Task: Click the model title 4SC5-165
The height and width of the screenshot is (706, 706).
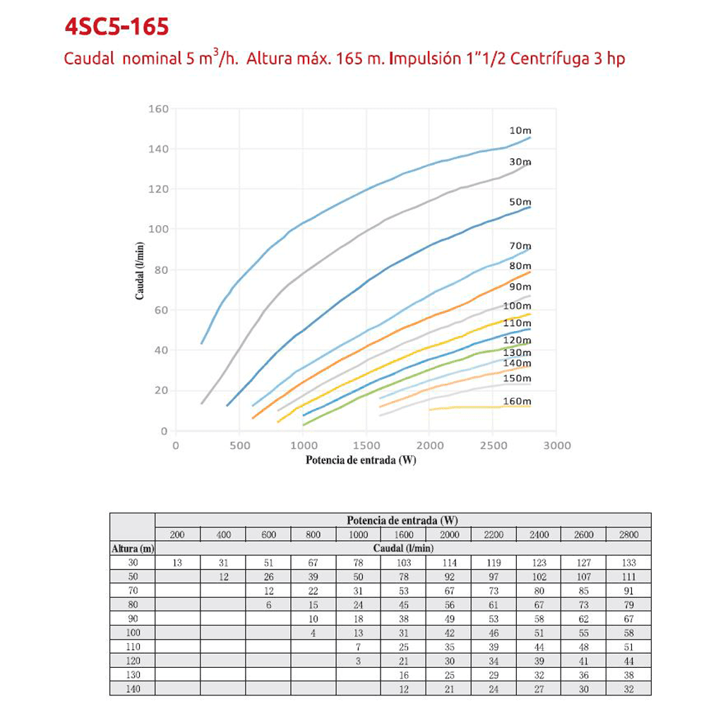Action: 116,28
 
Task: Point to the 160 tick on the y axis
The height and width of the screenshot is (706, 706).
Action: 159,109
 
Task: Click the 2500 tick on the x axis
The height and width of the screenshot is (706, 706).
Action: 492,445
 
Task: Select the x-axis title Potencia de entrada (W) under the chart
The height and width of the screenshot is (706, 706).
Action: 361,460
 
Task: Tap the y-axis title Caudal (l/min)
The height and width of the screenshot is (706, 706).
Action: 140,270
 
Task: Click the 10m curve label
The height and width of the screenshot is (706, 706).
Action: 520,131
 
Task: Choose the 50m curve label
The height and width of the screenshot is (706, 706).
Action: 520,202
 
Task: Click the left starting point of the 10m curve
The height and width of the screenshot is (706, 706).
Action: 202,343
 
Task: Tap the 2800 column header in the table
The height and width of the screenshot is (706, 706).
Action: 628,534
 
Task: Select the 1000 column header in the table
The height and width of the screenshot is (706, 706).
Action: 358,534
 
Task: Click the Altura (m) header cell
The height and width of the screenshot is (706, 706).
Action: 132,548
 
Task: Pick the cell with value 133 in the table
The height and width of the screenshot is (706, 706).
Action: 628,563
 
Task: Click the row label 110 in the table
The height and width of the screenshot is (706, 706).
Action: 132,647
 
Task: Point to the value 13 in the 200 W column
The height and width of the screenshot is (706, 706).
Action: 177,563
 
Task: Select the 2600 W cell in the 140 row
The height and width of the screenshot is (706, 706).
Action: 583,689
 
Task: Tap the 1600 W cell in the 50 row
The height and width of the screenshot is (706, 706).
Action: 403,577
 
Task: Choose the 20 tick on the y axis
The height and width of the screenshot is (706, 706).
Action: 162,390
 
